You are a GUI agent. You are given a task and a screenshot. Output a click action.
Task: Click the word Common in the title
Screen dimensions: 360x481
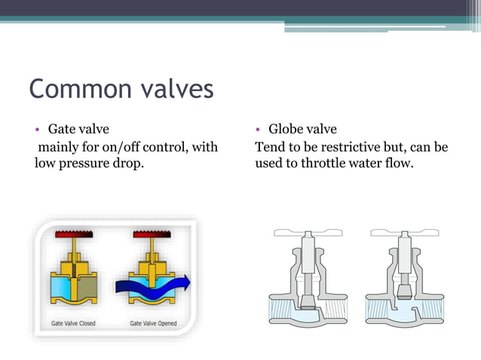click(x=81, y=89)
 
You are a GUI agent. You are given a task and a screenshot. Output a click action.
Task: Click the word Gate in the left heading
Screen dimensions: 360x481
click(x=62, y=130)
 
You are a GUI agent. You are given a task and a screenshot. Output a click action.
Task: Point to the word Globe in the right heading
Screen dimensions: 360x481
click(x=287, y=130)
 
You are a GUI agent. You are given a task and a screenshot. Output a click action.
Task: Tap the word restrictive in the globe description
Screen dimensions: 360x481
click(x=356, y=147)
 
